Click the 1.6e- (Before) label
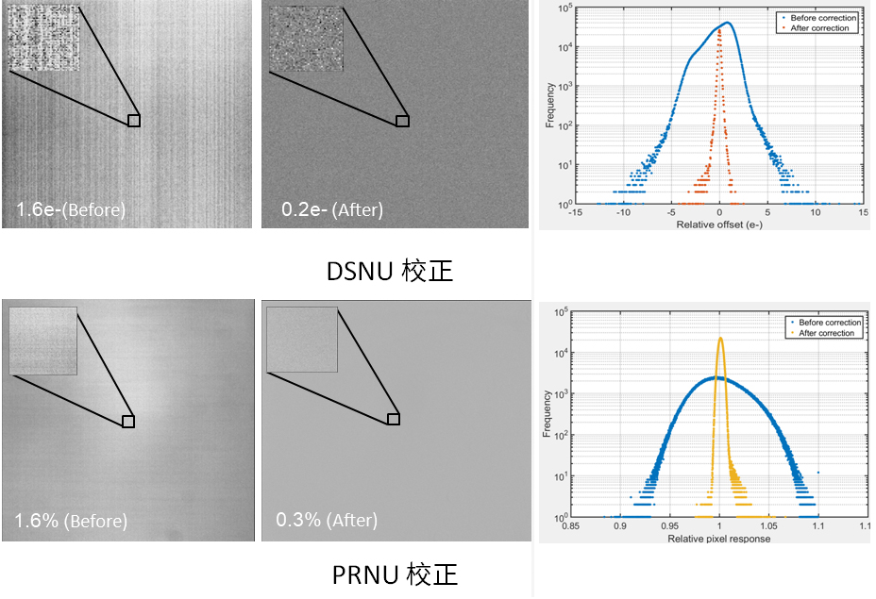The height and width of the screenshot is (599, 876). (71, 209)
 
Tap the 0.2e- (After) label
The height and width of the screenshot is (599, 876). (332, 209)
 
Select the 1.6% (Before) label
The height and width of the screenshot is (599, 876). (71, 521)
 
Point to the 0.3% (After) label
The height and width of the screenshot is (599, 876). (327, 520)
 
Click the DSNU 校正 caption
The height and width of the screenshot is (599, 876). (390, 272)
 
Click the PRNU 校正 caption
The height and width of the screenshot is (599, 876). (396, 574)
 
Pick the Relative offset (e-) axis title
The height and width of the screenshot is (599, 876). (719, 226)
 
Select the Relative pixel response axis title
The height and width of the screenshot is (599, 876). (719, 539)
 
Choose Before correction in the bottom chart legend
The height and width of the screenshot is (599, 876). (830, 323)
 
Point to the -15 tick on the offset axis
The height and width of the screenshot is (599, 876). (574, 213)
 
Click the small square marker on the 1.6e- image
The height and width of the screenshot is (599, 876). (134, 121)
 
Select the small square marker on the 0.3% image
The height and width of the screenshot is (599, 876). (394, 419)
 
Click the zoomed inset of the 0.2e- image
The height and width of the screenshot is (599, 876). (303, 40)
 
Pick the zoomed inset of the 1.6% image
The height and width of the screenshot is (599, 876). (42, 341)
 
